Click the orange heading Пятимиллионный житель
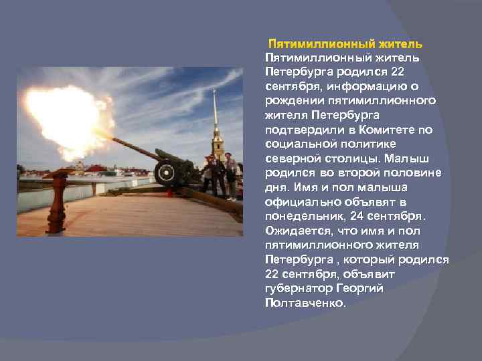345,44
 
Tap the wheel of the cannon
165,173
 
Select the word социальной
299,144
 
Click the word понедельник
309,216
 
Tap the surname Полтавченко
306,303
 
